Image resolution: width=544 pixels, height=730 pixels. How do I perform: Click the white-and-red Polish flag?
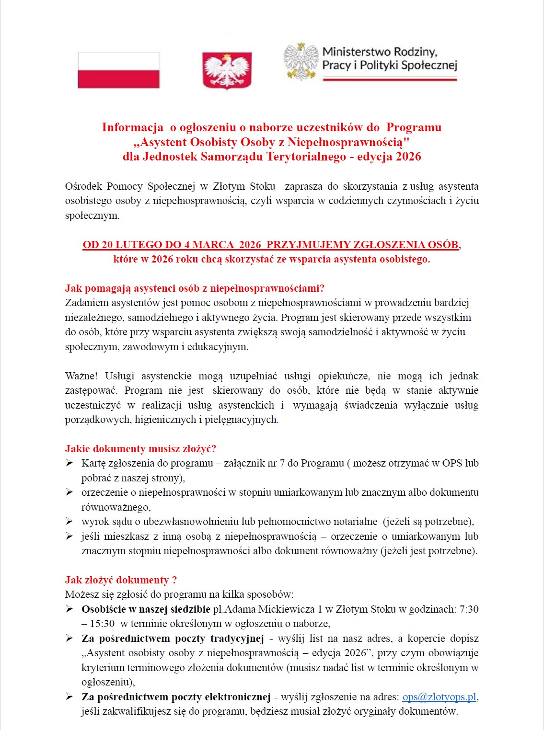pyautogui.click(x=118, y=70)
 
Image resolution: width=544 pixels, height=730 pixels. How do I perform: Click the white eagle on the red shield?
pyautogui.click(x=227, y=70)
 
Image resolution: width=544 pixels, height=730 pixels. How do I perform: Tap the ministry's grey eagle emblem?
pyautogui.click(x=301, y=61)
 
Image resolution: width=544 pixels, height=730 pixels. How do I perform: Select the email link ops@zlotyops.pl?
pyautogui.click(x=439, y=697)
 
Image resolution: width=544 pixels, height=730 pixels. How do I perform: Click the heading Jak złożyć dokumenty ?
pyautogui.click(x=121, y=580)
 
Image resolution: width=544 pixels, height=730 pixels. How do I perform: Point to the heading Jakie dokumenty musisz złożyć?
pyautogui.click(x=140, y=449)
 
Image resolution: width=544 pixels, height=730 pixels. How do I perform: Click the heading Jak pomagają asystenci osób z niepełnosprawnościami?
pyautogui.click(x=195, y=288)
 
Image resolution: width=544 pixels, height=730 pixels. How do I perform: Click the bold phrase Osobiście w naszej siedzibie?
pyautogui.click(x=146, y=609)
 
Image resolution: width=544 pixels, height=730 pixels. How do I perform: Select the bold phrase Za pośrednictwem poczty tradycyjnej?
pyautogui.click(x=173, y=639)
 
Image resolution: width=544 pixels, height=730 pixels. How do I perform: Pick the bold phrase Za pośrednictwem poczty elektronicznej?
pyautogui.click(x=176, y=697)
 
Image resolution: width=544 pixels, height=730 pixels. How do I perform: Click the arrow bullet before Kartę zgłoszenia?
pyautogui.click(x=69, y=463)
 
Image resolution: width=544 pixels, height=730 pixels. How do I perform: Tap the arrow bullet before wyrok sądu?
pyautogui.click(x=69, y=522)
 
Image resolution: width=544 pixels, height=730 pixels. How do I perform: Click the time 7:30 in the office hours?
pyautogui.click(x=469, y=609)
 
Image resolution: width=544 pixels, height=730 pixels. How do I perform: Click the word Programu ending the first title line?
pyautogui.click(x=414, y=127)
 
